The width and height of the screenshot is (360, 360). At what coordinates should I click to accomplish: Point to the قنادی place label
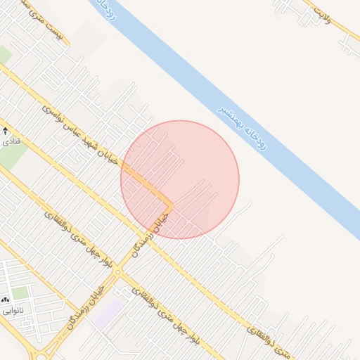coord(11,142)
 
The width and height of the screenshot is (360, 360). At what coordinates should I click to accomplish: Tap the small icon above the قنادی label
coord(6,131)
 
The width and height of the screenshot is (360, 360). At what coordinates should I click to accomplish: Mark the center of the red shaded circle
coord(180,179)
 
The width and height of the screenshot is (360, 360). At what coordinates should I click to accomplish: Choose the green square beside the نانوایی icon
coord(20,292)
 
